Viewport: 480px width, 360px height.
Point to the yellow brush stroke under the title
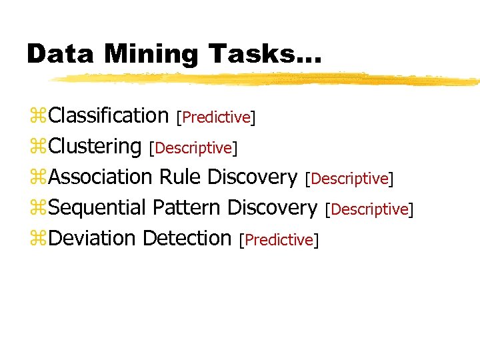(x=267, y=79)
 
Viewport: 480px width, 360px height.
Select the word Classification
(x=109, y=115)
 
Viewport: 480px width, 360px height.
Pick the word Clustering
(x=95, y=146)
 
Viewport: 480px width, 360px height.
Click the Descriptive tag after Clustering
(x=193, y=147)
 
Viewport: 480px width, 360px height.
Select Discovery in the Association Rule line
(x=252, y=177)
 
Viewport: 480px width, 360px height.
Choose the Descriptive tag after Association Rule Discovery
(x=349, y=179)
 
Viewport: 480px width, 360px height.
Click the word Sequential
(x=98, y=207)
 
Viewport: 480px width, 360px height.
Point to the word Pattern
(x=187, y=207)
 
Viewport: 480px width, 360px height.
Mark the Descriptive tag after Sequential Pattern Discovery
(x=369, y=209)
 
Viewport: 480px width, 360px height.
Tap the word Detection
(x=187, y=238)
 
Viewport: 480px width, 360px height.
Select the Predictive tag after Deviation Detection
(x=279, y=240)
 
